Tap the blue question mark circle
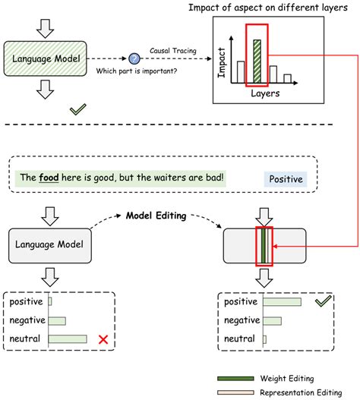[x=134, y=58]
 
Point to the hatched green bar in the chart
[x=257, y=61]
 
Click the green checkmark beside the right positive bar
[x=323, y=301]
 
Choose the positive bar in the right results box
[x=281, y=302]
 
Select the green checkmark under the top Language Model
[x=77, y=111]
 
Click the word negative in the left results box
[x=27, y=320]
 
